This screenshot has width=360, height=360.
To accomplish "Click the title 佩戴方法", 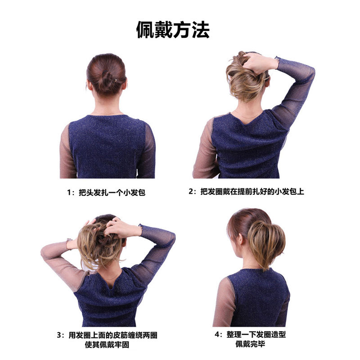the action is (x=173, y=30).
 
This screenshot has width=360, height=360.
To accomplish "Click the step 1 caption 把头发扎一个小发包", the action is (x=112, y=193).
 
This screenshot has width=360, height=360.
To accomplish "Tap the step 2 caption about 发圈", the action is (x=252, y=191).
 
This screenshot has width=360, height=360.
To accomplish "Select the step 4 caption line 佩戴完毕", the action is (x=250, y=344).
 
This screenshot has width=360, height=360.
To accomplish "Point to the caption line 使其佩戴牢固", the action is (x=107, y=344).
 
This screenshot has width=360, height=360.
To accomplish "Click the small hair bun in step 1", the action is (x=107, y=81).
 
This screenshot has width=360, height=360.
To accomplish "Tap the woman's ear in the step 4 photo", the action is (x=240, y=239).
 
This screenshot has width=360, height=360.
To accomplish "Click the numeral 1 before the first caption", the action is (x=69, y=193).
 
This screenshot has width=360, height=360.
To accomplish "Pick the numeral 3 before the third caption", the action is (x=59, y=335).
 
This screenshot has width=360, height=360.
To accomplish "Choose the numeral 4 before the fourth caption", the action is (x=217, y=334).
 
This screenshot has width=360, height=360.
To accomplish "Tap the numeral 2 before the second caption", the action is (x=190, y=192).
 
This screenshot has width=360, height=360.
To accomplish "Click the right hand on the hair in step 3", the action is (x=121, y=227).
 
